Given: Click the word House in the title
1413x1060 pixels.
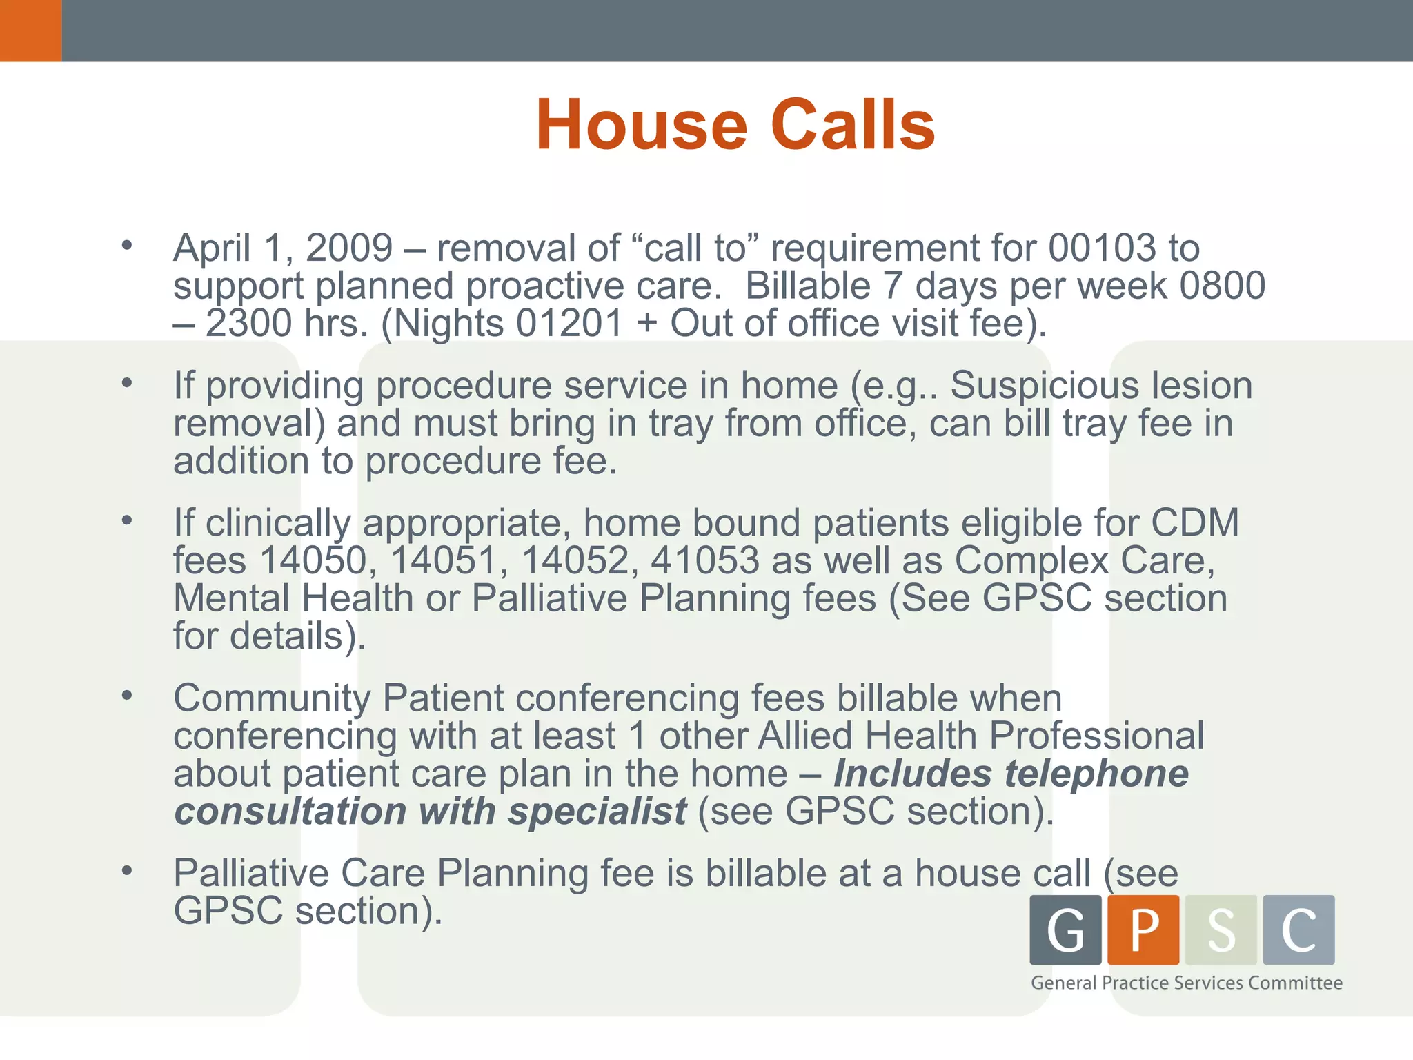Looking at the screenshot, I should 641,125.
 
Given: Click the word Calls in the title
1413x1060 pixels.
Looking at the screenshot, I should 853,125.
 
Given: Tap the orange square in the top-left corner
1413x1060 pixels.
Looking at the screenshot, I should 30,30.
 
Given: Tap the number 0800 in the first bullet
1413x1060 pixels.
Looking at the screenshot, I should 1222,286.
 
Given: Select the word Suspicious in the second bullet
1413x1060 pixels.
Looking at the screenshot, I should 1044,385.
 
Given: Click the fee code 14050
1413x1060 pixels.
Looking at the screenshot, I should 313,560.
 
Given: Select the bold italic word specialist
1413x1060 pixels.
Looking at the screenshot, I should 597,812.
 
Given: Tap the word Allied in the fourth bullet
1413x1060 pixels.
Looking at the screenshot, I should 804,736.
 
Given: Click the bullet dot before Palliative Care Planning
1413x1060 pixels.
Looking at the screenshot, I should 126,871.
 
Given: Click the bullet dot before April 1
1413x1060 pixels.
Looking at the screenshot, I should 126,246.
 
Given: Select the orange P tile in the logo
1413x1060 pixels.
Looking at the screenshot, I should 1143,930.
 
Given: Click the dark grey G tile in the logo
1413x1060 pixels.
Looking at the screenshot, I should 1065,930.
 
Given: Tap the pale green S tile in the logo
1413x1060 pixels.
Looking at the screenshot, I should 1221,930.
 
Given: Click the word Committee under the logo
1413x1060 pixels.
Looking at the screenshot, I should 1295,983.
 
